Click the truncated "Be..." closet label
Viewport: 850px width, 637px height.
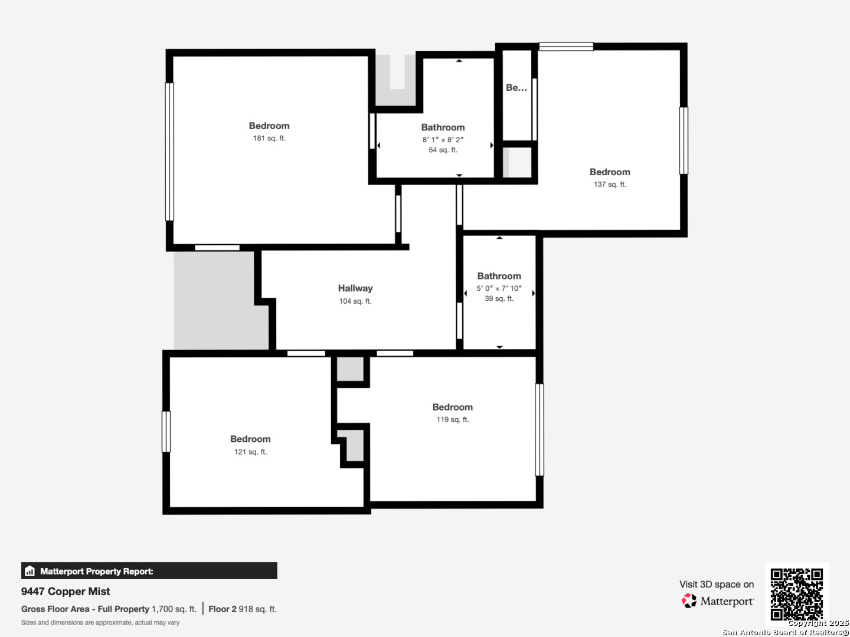pyautogui.click(x=516, y=87)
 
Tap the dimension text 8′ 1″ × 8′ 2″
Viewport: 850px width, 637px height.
pyautogui.click(x=443, y=140)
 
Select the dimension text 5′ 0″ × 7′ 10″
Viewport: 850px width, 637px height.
pyautogui.click(x=499, y=288)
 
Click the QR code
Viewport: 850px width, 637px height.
pyautogui.click(x=796, y=594)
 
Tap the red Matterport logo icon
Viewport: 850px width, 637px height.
pyautogui.click(x=689, y=600)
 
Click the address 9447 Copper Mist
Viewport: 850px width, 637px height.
pyautogui.click(x=66, y=592)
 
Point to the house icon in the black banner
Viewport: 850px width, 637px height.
pyautogui.click(x=30, y=571)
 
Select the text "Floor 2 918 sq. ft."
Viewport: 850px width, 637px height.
pyautogui.click(x=243, y=609)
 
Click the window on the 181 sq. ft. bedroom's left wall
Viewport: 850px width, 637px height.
pyautogui.click(x=169, y=152)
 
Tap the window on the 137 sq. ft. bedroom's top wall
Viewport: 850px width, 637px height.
pyautogui.click(x=566, y=47)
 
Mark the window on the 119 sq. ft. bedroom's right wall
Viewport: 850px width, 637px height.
pyautogui.click(x=540, y=430)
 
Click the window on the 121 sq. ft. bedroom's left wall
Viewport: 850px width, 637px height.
pyautogui.click(x=166, y=432)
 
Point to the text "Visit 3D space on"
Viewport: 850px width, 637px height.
pyautogui.click(x=717, y=585)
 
